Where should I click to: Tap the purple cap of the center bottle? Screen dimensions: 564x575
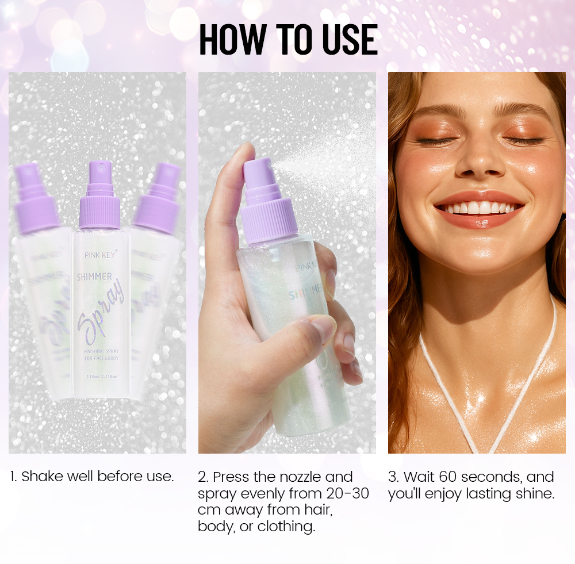(x=100, y=207)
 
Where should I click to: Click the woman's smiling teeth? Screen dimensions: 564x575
(x=479, y=208)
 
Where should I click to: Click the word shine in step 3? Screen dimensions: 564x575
(x=535, y=493)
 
